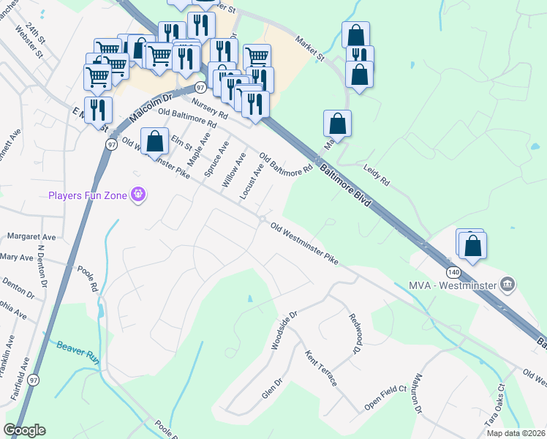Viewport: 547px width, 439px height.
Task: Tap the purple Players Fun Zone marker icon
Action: pyautogui.click(x=137, y=195)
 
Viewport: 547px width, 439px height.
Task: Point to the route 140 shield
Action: pyautogui.click(x=454, y=272)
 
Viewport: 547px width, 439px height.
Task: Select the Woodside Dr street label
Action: pyautogui.click(x=284, y=330)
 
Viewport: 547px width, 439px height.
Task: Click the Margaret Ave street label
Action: pyautogui.click(x=31, y=237)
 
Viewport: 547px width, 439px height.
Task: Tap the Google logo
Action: pyautogui.click(x=24, y=430)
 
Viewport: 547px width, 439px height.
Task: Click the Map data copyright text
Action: pyautogui.click(x=516, y=433)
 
